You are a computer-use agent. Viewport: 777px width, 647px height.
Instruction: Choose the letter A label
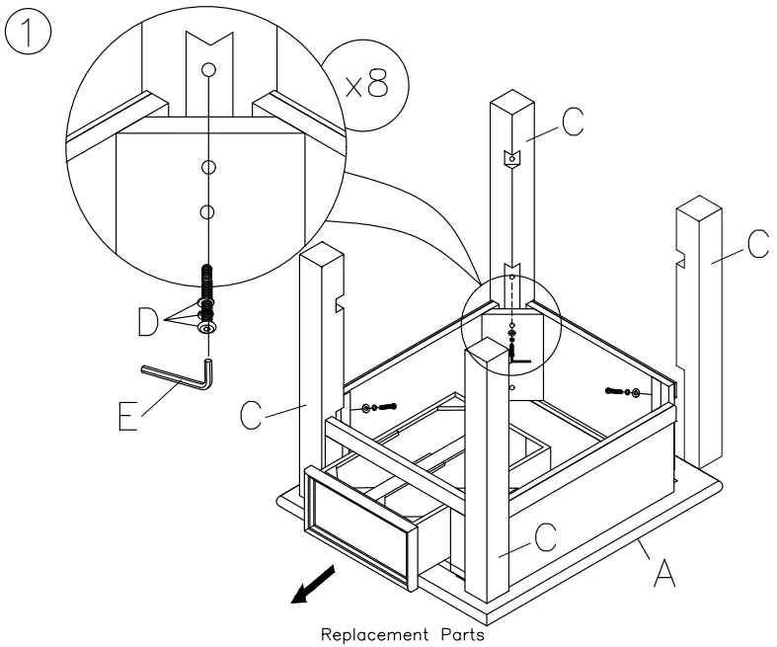point(664,571)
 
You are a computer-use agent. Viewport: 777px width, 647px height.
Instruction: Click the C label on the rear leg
point(572,121)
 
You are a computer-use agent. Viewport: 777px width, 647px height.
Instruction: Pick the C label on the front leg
point(544,539)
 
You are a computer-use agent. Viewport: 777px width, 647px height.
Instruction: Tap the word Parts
point(460,634)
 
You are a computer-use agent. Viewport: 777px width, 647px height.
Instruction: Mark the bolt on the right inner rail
point(622,393)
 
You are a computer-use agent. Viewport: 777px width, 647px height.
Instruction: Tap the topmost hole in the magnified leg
point(207,70)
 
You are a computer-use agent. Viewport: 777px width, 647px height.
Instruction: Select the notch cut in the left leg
point(340,301)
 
